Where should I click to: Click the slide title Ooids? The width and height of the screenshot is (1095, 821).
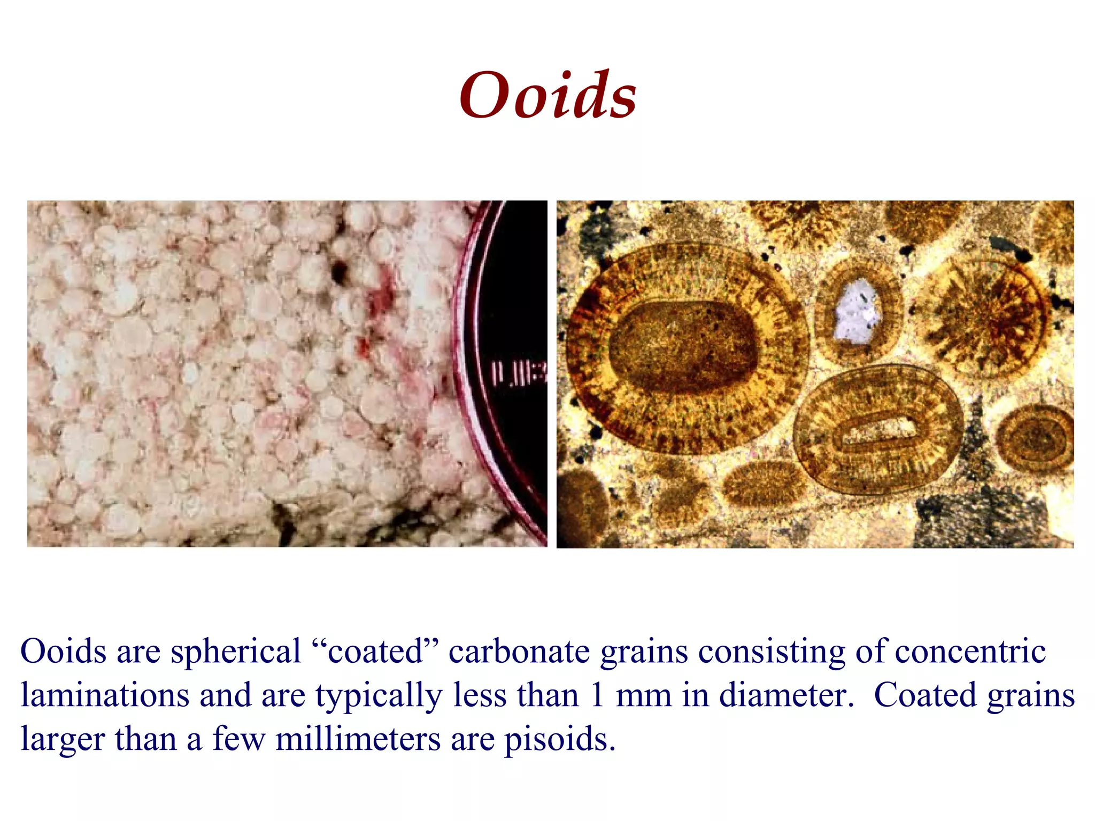click(x=547, y=96)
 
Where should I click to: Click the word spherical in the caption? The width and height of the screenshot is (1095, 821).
click(x=236, y=652)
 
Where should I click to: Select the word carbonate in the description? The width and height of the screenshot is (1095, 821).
click(x=519, y=652)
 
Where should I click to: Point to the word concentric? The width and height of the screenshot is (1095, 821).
click(x=970, y=652)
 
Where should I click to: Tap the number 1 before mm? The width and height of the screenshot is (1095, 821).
click(x=597, y=696)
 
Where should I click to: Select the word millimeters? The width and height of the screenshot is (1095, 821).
click(x=358, y=740)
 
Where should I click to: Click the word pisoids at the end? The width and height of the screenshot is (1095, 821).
click(x=560, y=740)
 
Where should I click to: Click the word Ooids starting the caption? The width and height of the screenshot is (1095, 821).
click(x=64, y=652)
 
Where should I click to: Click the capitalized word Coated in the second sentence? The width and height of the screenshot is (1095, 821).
click(x=925, y=696)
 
